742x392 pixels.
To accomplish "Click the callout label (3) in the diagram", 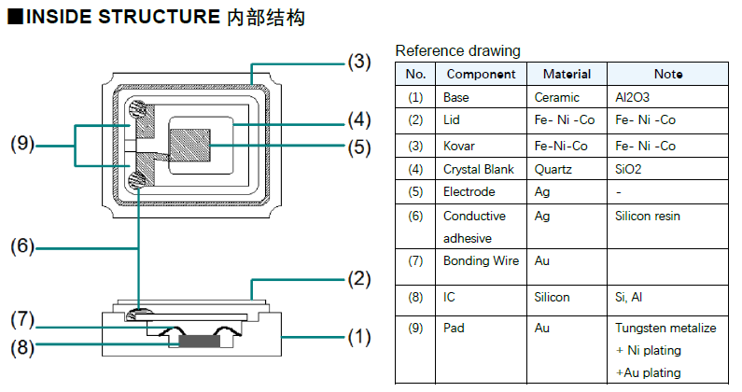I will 359,63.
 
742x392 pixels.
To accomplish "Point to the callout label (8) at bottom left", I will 22,347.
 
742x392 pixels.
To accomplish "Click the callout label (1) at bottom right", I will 359,337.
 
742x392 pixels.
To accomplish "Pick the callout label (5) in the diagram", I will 359,147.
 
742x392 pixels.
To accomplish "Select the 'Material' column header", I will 567,74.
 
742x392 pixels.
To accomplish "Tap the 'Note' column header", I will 667,74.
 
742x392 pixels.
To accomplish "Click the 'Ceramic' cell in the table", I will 556,97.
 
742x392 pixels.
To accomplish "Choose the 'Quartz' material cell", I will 553,169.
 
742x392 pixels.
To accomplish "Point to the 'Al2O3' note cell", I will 633,97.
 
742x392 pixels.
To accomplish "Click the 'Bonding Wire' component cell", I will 481,261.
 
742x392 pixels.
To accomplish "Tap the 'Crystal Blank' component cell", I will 480,169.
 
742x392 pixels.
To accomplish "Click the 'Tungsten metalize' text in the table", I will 665,328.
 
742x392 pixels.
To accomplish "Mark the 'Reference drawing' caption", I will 457,50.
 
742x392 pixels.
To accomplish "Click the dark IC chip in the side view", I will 201,342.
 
